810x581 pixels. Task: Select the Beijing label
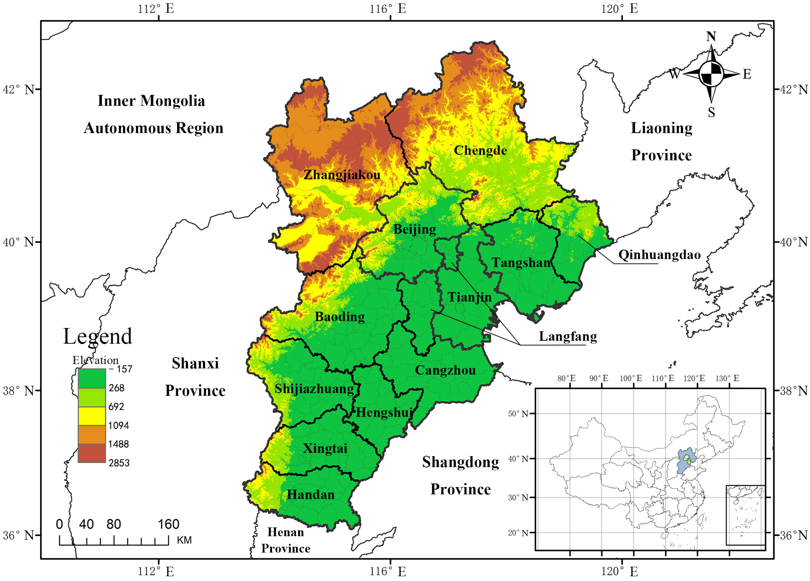click(x=415, y=229)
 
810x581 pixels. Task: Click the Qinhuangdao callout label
click(x=659, y=255)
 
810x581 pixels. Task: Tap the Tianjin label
click(x=470, y=297)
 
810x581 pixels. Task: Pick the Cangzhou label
click(x=445, y=370)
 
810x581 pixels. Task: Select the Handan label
click(x=311, y=495)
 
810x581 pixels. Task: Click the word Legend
click(x=98, y=336)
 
